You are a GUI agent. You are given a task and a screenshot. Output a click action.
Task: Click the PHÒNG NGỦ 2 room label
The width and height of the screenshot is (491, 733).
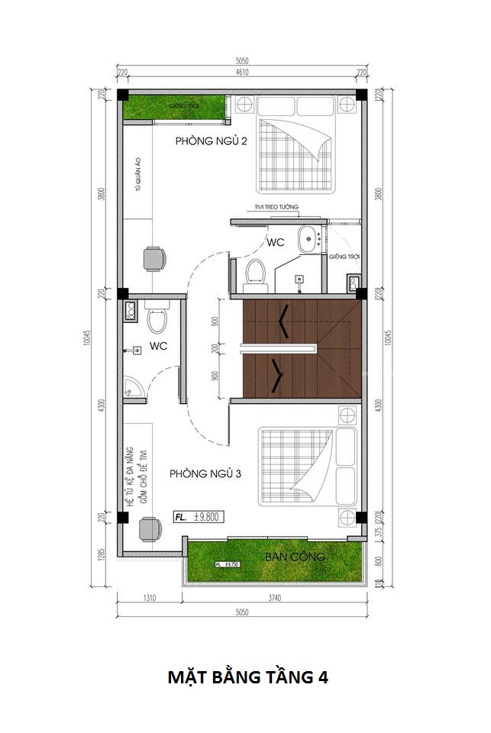coord(211,140)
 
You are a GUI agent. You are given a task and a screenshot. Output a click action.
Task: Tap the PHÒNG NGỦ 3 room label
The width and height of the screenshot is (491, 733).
coord(205,473)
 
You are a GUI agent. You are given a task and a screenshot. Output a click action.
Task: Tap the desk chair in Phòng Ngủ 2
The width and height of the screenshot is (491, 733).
coord(153,260)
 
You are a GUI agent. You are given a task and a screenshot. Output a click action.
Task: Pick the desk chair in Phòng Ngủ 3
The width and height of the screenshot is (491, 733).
coord(150,528)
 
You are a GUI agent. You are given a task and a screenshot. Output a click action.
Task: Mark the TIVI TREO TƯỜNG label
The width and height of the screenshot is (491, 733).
coord(277,208)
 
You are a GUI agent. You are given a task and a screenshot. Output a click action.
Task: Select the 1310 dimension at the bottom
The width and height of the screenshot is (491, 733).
coord(149,599)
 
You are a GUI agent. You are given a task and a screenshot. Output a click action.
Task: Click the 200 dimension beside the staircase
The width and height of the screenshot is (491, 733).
coord(215,347)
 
